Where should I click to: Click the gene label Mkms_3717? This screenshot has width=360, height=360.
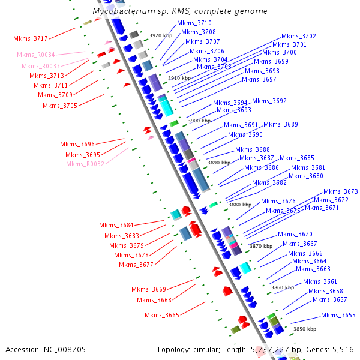31,38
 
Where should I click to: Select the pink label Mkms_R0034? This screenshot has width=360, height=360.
36,55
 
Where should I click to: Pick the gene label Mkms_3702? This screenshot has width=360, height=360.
299,36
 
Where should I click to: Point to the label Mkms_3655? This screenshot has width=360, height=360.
338,315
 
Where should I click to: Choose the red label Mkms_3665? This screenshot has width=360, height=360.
162,315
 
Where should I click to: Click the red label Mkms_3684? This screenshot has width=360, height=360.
116,225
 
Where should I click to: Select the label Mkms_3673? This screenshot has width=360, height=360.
341,191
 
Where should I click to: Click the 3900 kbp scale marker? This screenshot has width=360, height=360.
199,121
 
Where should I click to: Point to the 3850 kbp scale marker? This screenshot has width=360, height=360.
304,329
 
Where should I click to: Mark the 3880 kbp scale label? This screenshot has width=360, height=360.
240,205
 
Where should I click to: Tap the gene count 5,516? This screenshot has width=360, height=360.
343,349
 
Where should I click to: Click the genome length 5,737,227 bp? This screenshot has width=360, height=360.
274,349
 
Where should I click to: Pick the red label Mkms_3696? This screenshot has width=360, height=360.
77,144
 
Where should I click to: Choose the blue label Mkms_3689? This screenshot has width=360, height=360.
281,124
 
